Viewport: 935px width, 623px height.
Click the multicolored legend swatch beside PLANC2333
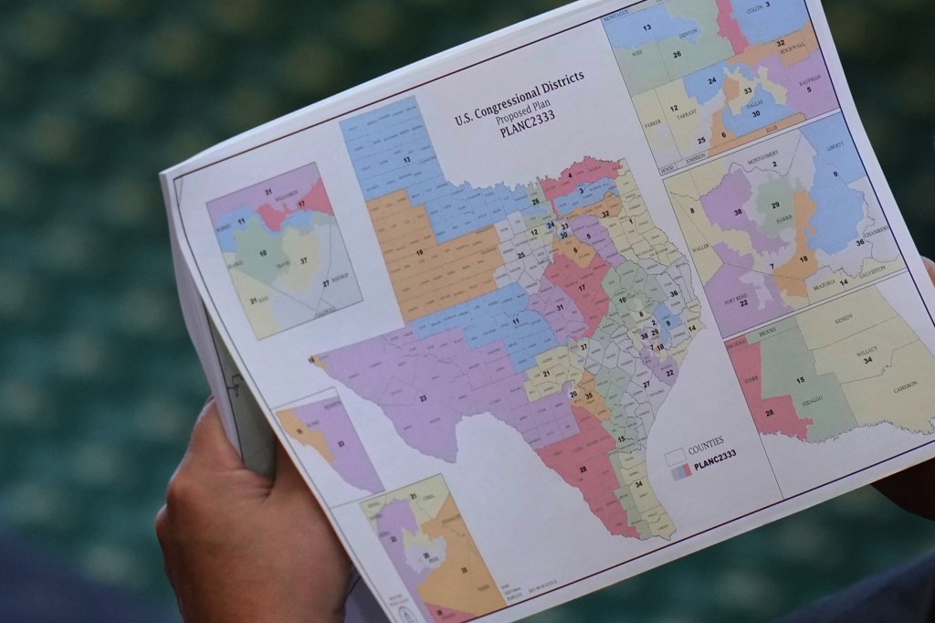[x=678, y=471]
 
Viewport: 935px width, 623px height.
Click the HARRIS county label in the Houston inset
[x=782, y=218]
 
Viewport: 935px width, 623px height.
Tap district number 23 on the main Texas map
[x=423, y=398]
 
